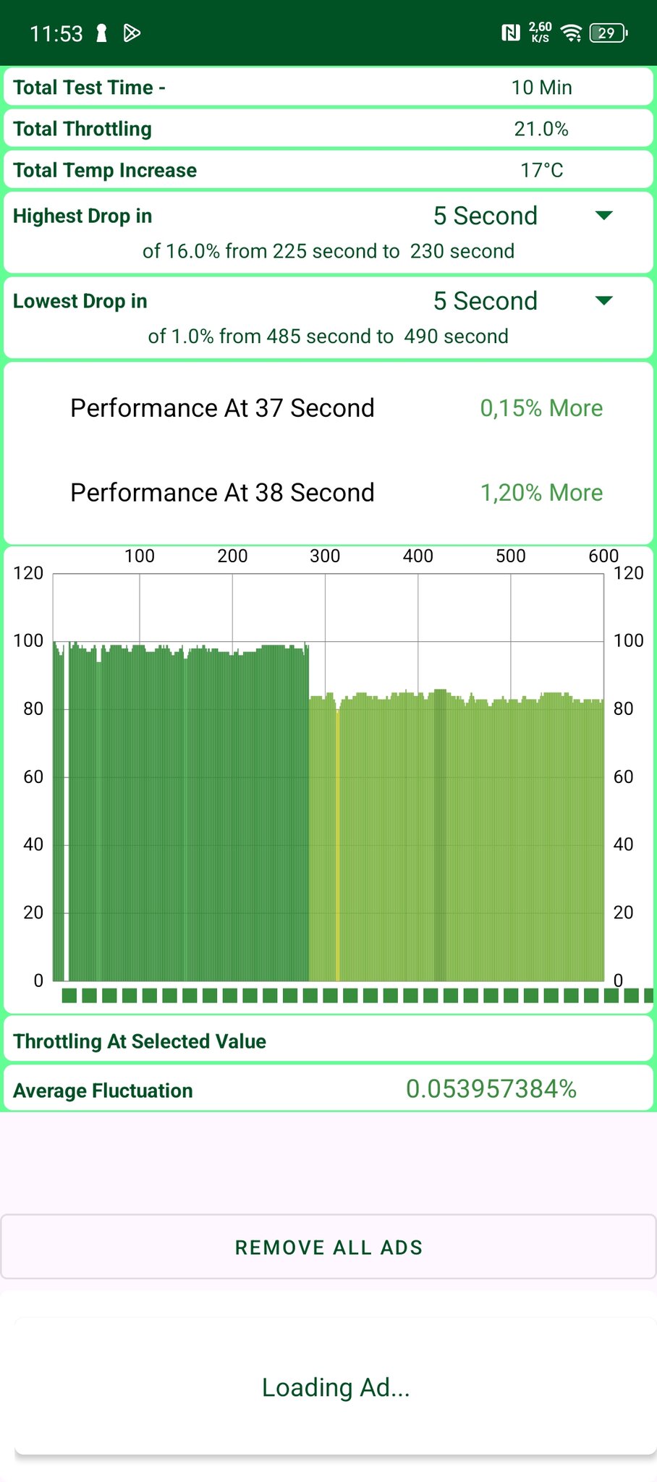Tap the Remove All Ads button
coord(328,1248)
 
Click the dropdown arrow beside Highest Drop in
coord(603,216)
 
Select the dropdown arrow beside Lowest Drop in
coord(603,301)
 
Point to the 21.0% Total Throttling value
coord(541,129)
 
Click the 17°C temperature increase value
coord(541,170)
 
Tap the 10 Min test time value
coord(541,88)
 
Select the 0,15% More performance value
coord(541,408)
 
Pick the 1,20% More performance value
coord(541,493)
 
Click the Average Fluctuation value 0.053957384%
coord(491,1089)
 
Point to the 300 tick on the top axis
coord(325,556)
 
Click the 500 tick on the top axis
coord(511,556)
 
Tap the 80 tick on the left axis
coord(33,708)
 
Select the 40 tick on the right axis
coord(623,844)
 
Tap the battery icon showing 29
coord(608,33)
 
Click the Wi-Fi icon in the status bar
coord(572,33)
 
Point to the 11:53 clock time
coord(56,33)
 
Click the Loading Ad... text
coord(336,1387)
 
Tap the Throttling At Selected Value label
coord(140,1041)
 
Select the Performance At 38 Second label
coord(222,493)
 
